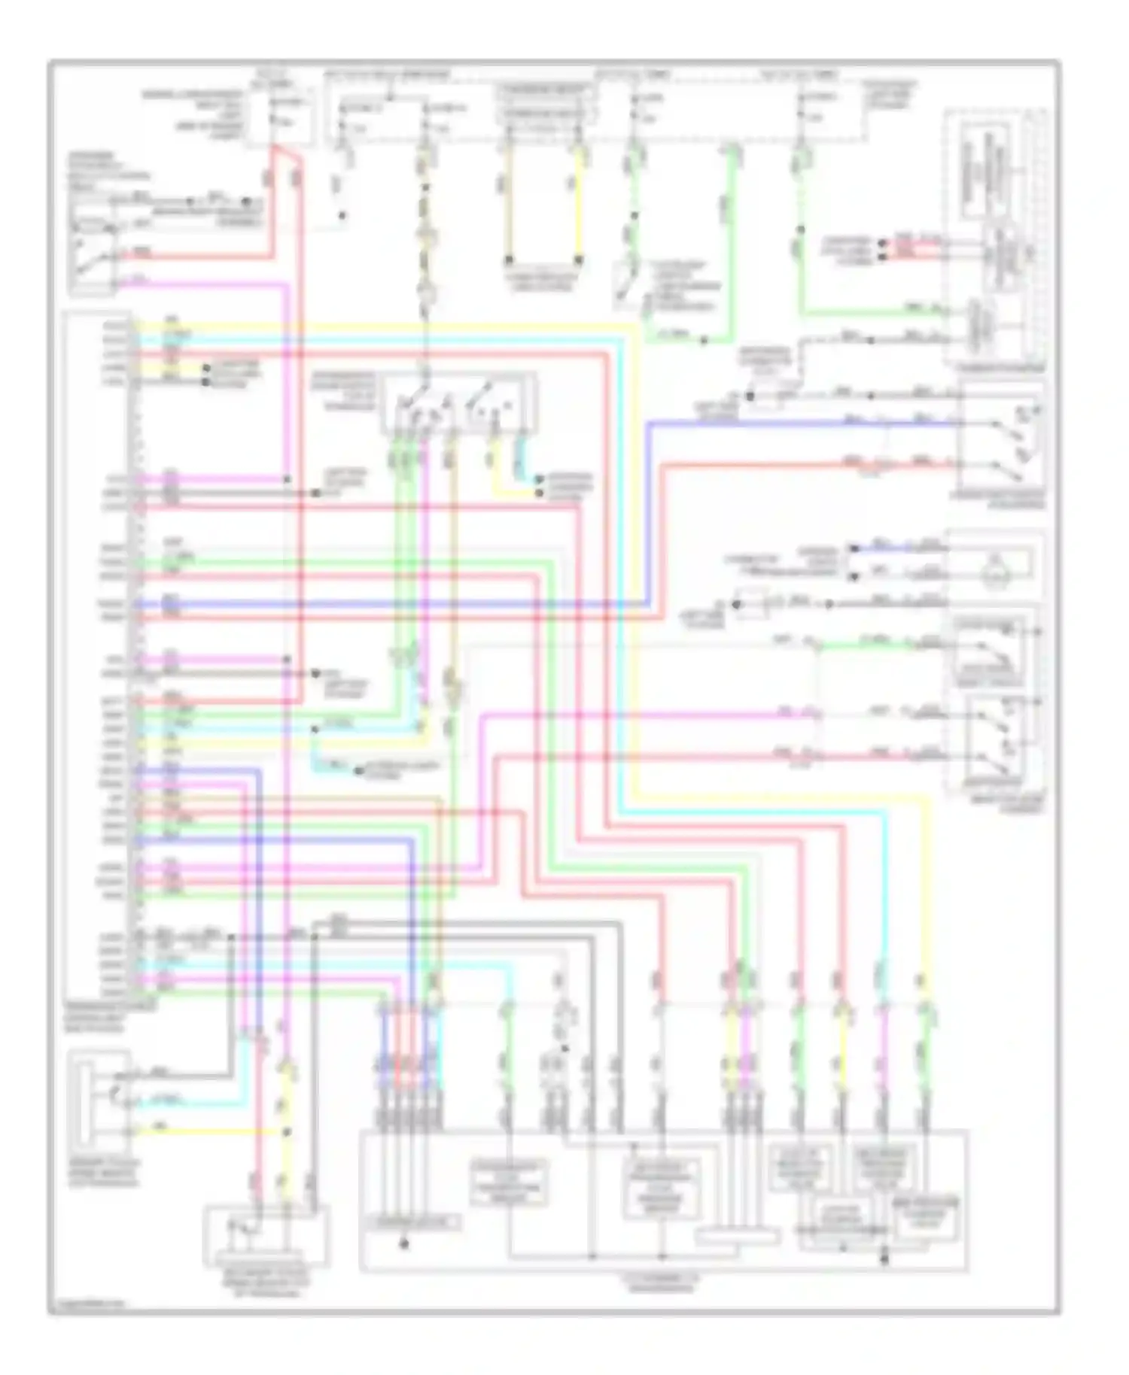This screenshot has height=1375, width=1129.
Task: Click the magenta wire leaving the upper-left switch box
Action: (x=203, y=285)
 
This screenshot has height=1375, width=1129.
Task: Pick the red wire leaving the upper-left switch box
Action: (x=196, y=256)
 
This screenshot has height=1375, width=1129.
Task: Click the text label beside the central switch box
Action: (x=343, y=390)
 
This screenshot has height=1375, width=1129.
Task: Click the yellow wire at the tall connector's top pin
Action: (x=376, y=325)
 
